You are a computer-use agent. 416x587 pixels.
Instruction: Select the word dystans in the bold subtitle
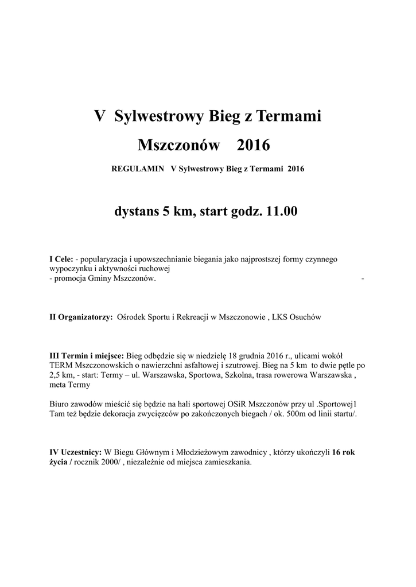click(138, 212)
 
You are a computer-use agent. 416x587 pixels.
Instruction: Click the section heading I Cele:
click(61, 259)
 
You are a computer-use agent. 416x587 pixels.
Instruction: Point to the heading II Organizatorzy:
click(81, 316)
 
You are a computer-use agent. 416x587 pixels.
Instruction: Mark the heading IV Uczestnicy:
click(75, 452)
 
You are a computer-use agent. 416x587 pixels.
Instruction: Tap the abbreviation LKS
click(284, 316)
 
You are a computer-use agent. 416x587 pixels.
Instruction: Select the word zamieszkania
click(225, 462)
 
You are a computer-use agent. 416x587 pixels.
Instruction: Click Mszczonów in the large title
click(179, 145)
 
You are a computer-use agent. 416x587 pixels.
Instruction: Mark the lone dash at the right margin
click(363, 278)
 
